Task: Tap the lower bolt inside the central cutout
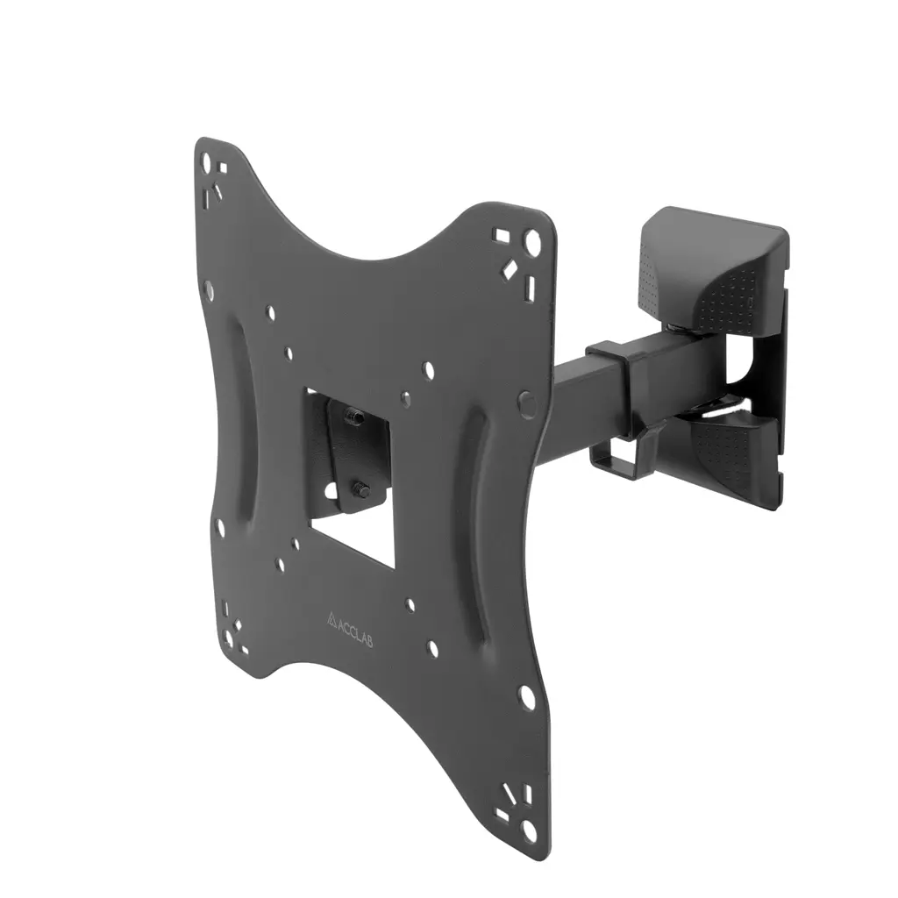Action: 360,489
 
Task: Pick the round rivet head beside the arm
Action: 526,403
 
